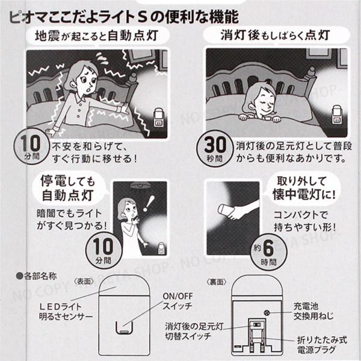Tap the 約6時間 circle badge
269,251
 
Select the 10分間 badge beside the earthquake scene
32,146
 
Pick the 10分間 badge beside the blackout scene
103,250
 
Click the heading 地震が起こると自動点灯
97,36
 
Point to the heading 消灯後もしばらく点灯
275,35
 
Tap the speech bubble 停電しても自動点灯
68,188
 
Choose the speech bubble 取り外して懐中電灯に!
303,188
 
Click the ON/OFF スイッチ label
177,301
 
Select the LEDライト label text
61,306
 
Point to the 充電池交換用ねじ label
313,311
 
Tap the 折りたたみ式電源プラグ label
322,345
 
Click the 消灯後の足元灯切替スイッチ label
194,331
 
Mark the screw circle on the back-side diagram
267,313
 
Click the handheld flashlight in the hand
227,209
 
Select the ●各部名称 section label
36,276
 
